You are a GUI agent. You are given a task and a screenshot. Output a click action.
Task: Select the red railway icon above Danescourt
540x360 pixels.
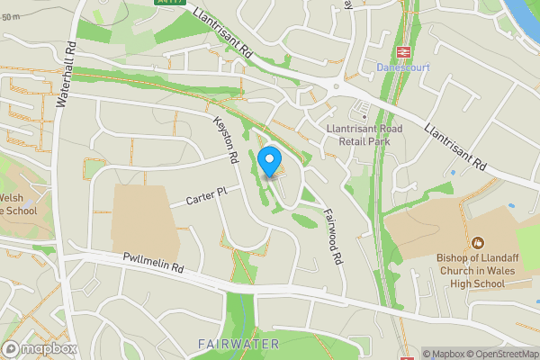pos(403,52)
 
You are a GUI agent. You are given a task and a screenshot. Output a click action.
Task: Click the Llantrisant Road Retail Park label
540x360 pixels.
pos(364,134)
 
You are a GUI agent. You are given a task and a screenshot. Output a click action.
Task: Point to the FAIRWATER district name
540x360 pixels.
pos(238,345)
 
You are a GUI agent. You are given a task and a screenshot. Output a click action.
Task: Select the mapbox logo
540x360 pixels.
pos(40,348)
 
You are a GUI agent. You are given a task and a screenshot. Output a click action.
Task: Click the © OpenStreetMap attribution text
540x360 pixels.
pos(500,353)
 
